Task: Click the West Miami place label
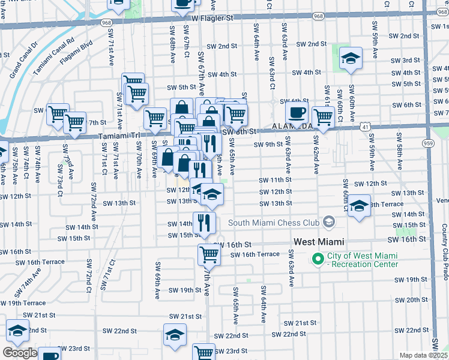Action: click(319, 242)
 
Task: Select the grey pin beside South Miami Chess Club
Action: click(328, 223)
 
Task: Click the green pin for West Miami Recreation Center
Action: click(317, 259)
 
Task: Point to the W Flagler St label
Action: click(212, 19)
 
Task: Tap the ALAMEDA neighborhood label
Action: click(291, 127)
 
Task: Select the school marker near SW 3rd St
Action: click(351, 59)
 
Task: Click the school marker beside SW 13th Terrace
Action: click(359, 207)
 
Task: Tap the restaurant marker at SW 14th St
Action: click(204, 223)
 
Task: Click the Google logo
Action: click(19, 353)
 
